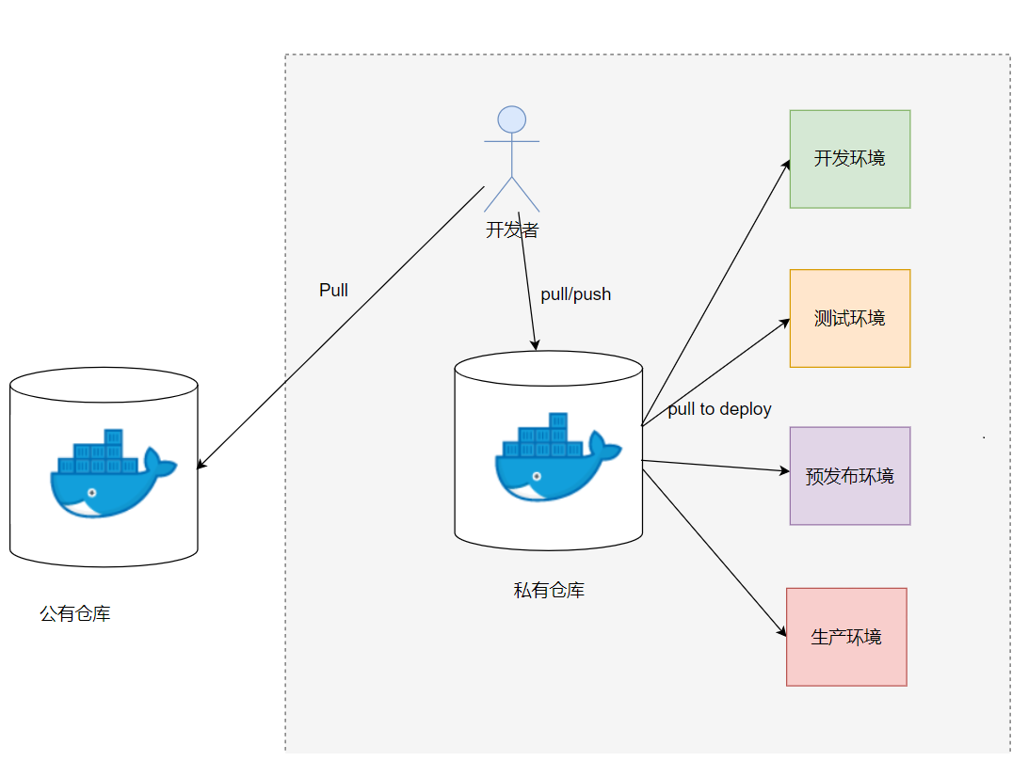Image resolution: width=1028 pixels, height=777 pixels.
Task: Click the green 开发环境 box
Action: [849, 159]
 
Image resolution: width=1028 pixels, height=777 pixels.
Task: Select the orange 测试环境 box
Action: [849, 318]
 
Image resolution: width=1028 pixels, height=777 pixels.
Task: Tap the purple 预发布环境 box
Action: [849, 476]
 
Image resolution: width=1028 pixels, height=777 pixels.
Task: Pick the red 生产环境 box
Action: [846, 637]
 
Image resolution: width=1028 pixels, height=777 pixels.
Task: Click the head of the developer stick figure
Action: [512, 119]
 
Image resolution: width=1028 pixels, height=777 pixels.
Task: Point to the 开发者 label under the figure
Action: [512, 230]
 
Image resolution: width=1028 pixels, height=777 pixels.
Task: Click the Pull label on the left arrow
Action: [333, 290]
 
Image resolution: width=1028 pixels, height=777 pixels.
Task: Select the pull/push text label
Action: [575, 294]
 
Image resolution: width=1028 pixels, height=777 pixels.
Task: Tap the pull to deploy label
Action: [719, 409]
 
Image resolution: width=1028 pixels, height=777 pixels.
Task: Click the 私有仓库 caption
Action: [549, 591]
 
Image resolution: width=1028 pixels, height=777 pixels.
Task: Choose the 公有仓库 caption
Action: [75, 614]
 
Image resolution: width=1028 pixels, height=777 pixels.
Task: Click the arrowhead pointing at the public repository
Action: [201, 465]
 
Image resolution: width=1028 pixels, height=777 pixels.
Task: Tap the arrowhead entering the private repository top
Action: [536, 345]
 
